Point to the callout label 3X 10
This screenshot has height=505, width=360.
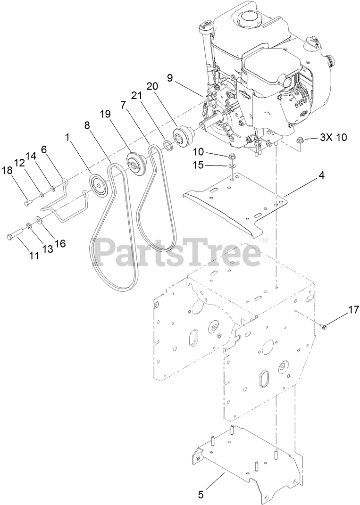333,137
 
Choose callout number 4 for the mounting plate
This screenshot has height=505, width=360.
321,175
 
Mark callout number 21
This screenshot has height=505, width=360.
136,95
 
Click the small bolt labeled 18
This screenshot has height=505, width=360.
27,203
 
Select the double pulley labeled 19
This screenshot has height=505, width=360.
136,164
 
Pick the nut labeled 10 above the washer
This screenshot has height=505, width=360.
232,156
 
